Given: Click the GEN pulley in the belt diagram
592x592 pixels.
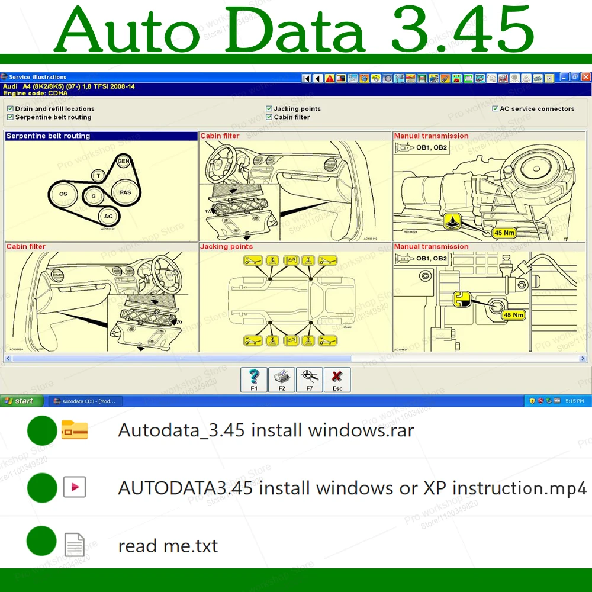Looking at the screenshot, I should pyautogui.click(x=123, y=161).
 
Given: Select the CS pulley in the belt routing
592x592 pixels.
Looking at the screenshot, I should pyautogui.click(x=63, y=194).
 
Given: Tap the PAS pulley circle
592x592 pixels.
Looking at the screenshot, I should pyautogui.click(x=126, y=192).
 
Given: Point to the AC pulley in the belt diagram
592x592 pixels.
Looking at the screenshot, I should pyautogui.click(x=108, y=217).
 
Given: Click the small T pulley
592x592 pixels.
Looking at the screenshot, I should pyautogui.click(x=98, y=175).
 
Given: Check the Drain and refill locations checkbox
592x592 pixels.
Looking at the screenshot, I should pyautogui.click(x=10, y=109).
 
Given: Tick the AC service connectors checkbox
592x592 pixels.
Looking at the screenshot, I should pyautogui.click(x=496, y=109).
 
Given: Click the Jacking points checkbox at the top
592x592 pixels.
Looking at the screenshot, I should pyautogui.click(x=269, y=109).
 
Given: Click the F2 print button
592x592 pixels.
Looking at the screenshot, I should pyautogui.click(x=282, y=379).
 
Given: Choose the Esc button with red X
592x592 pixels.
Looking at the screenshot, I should pyautogui.click(x=337, y=379).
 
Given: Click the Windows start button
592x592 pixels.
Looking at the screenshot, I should pyautogui.click(x=21, y=401).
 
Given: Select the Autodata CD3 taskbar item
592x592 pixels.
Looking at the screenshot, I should pyautogui.click(x=84, y=401).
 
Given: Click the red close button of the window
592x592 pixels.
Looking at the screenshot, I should pyautogui.click(x=586, y=77).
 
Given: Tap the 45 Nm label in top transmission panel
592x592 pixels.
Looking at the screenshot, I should pyautogui.click(x=504, y=233).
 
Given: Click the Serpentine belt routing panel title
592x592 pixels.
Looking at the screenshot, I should pyautogui.click(x=49, y=136).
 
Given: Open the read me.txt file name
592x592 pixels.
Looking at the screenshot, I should pyautogui.click(x=168, y=545).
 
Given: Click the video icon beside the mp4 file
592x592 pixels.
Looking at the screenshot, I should pyautogui.click(x=75, y=487).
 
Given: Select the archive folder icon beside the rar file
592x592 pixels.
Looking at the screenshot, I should pyautogui.click(x=75, y=430).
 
